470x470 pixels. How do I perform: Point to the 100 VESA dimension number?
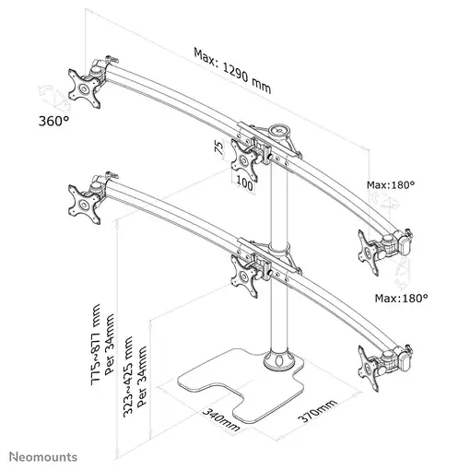(x=244, y=185)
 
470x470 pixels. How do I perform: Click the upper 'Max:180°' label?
(x=391, y=185)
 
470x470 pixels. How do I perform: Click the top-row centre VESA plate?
(x=245, y=162)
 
